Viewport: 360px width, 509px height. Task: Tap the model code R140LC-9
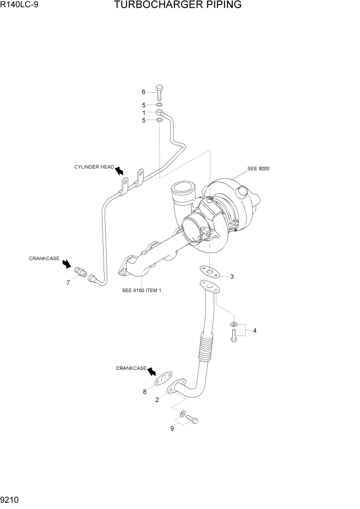[19, 6]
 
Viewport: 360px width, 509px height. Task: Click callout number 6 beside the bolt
[144, 92]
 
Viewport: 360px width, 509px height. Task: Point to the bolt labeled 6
[159, 93]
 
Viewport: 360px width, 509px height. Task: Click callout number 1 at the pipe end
[144, 112]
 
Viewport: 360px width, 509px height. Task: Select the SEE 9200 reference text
[258, 168]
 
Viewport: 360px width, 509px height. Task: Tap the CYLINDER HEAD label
[94, 167]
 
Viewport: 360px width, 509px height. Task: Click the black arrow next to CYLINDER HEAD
[119, 170]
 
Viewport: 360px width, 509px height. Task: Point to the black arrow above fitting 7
[67, 263]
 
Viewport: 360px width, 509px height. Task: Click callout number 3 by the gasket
[232, 277]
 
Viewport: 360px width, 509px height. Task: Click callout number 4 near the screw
[254, 330]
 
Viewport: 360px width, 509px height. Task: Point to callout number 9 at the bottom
[172, 428]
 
